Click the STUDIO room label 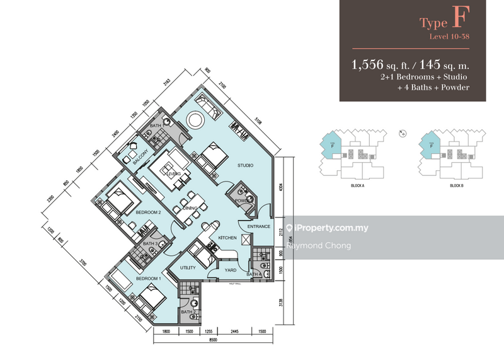(245, 166)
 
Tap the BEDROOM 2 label (149, 212)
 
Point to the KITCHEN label (227, 238)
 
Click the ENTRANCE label (259, 226)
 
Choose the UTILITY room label (188, 268)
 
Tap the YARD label (231, 270)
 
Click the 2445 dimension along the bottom (233, 331)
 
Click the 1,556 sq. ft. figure (375, 64)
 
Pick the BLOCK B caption (457, 187)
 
